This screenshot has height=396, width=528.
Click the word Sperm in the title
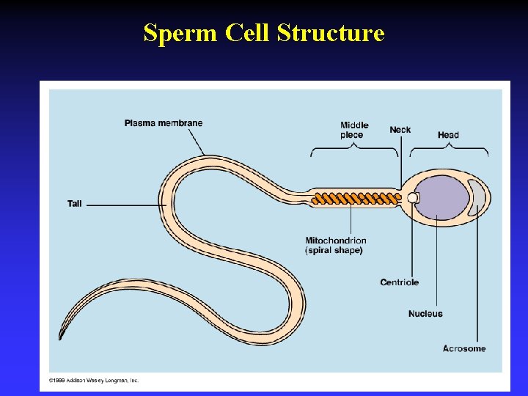[172, 34]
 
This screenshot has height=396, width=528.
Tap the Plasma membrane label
[163, 122]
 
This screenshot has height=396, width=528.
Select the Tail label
[75, 203]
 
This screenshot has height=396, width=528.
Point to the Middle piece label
[354, 130]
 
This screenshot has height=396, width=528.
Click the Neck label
[400, 130]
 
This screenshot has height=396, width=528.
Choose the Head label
[448, 134]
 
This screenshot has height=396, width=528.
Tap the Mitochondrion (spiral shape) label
[336, 245]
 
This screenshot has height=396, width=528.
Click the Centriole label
[400, 282]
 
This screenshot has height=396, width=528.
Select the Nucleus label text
[425, 314]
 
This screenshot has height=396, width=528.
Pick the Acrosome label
[464, 348]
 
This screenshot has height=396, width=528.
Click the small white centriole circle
[413, 198]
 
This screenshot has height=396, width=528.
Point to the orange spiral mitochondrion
[352, 197]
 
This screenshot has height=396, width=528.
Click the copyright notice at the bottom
[94, 381]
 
